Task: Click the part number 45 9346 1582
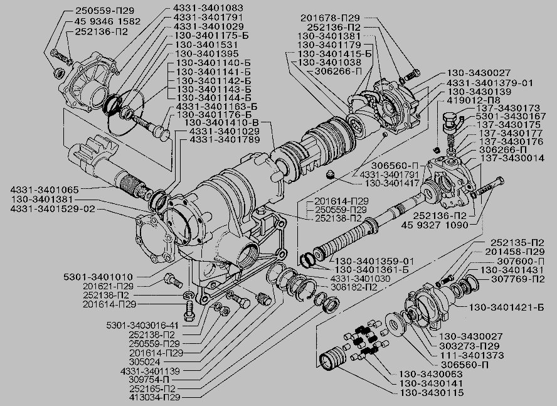(x=107, y=21)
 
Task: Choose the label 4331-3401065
(x=45, y=189)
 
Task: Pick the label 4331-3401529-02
(x=53, y=208)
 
